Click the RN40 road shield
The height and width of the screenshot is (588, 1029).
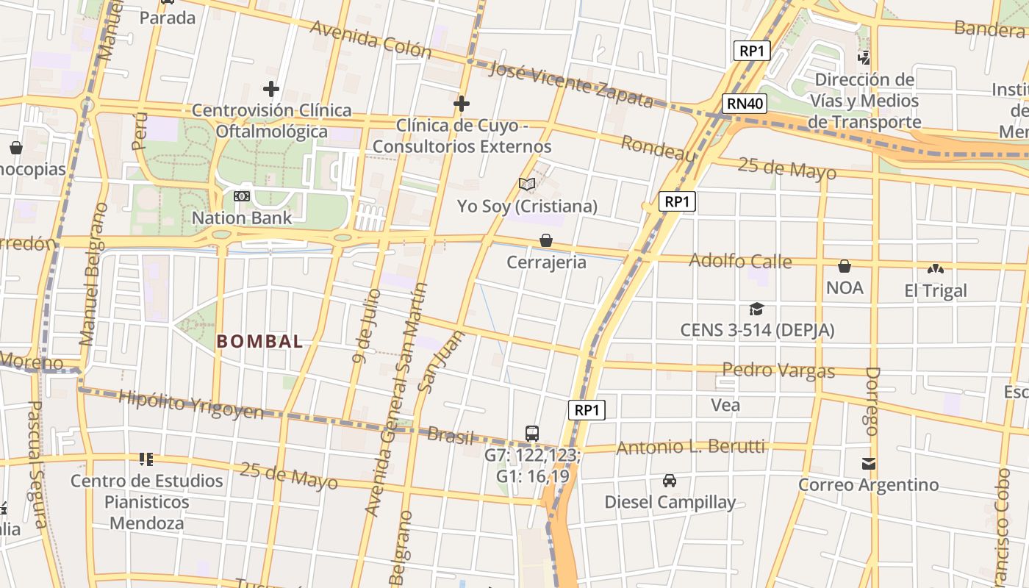(x=745, y=103)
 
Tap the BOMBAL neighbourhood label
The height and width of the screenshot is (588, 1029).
(x=259, y=341)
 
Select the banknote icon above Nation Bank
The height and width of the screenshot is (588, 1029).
(x=242, y=196)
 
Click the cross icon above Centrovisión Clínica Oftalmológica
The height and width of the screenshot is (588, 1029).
(x=271, y=90)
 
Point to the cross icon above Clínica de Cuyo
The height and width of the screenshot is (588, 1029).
(x=462, y=104)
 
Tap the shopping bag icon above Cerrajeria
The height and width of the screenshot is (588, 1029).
(x=546, y=240)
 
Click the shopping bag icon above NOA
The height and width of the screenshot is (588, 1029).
(x=845, y=265)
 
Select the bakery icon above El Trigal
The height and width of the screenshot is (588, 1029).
(x=936, y=269)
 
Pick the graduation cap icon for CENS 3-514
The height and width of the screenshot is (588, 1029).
(x=756, y=309)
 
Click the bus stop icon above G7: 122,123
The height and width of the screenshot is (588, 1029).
(x=532, y=433)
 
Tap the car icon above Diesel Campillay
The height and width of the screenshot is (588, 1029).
(x=670, y=481)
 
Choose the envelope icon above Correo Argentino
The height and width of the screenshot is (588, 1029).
(x=869, y=463)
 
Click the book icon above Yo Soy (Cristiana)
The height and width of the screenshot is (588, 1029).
(x=527, y=184)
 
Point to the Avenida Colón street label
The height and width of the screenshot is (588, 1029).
(x=370, y=39)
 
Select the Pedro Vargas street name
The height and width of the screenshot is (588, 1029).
(x=778, y=370)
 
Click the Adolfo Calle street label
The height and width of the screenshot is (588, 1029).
(x=740, y=261)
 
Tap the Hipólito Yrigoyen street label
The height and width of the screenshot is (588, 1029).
(x=190, y=405)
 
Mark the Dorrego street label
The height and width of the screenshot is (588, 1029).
(x=872, y=401)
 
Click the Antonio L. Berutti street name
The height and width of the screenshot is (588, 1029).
(x=690, y=447)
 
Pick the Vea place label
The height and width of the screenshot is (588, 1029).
(x=725, y=405)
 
